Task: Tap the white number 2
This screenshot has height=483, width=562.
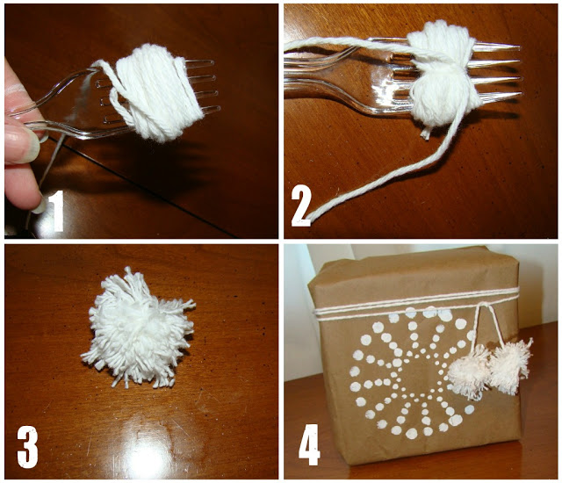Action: [x=301, y=207]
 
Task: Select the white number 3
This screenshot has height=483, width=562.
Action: [x=27, y=447]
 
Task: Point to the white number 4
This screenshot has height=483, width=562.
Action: [x=309, y=444]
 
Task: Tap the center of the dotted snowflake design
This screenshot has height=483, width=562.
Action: [x=412, y=372]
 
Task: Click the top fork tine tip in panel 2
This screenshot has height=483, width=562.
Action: [x=519, y=47]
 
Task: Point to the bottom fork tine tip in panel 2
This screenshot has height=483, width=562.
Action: [x=521, y=94]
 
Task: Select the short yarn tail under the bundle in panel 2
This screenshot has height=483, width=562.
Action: [x=426, y=133]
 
